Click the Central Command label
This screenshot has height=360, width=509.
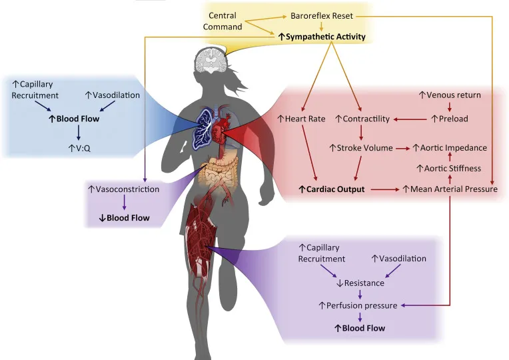pos(226,21)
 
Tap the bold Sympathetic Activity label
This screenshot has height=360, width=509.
pos(322,37)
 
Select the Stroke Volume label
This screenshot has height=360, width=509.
pos(361,147)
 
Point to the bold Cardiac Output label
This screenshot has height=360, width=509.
pos(331,189)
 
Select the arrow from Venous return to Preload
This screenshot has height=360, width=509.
pos(450,107)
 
